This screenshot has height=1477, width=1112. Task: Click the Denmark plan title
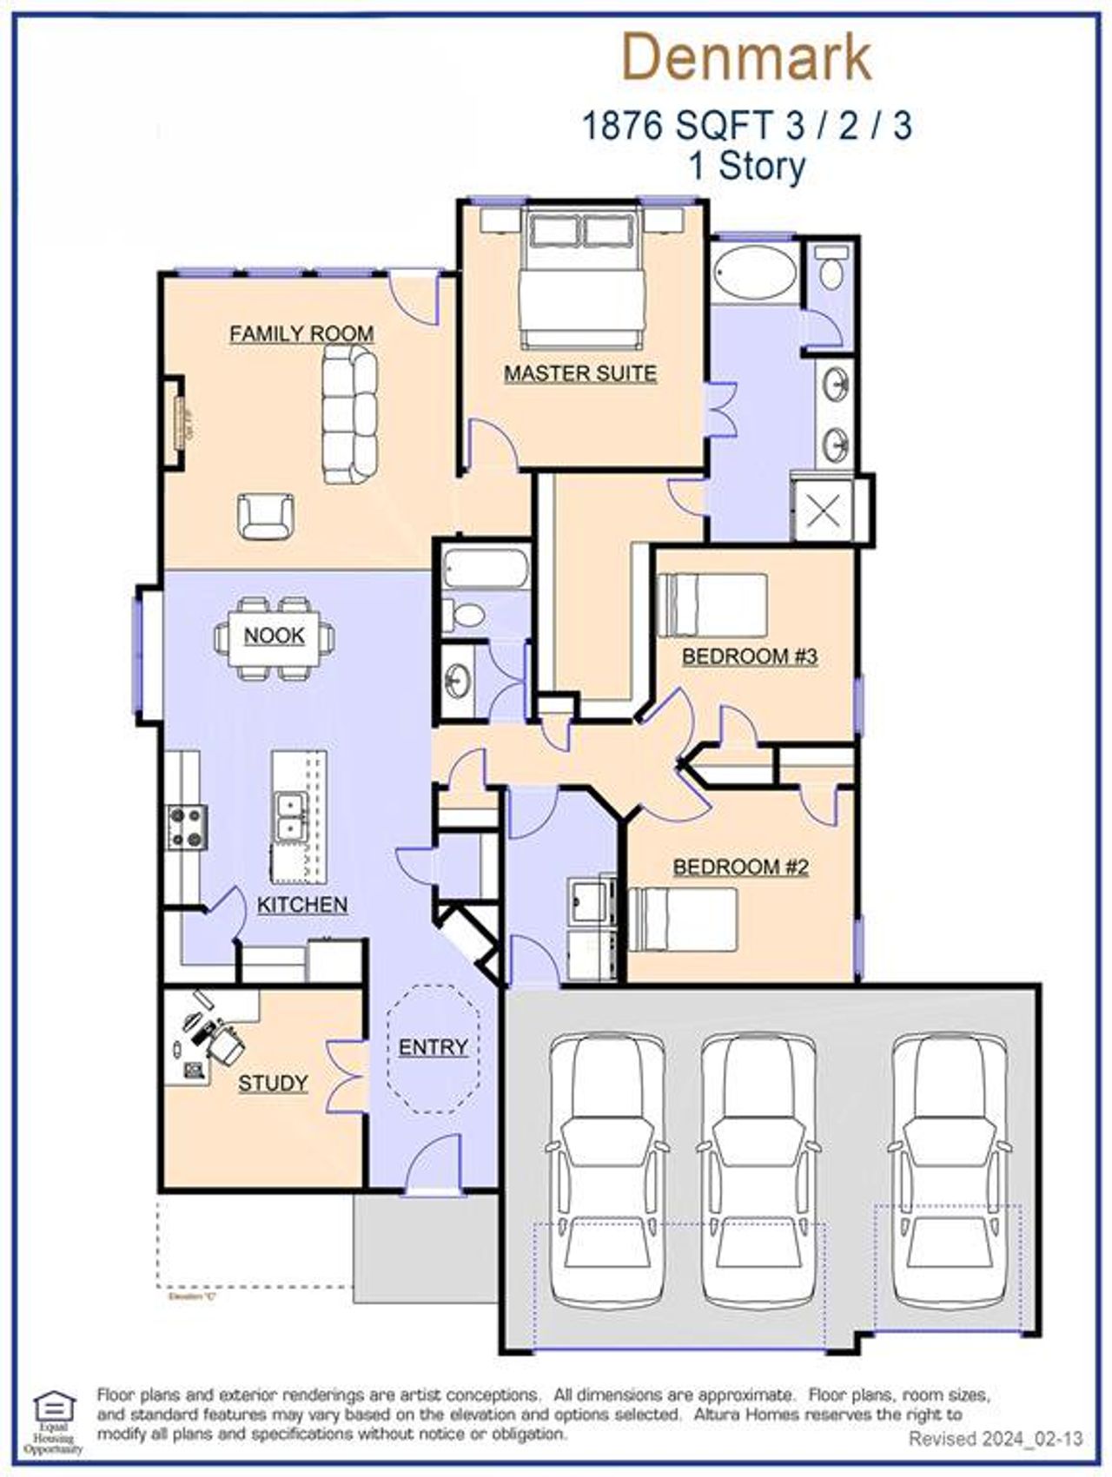tap(746, 57)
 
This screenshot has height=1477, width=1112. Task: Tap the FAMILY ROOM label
tap(301, 333)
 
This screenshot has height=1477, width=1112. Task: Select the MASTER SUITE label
tap(580, 373)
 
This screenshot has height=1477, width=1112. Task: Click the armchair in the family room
tap(266, 516)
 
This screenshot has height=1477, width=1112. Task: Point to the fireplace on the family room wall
tap(182, 423)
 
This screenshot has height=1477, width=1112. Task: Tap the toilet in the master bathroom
tap(831, 268)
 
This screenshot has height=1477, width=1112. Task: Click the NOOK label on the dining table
tap(274, 636)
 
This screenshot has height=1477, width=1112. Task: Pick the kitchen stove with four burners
tap(188, 827)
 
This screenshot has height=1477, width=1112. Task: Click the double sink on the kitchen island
tap(290, 815)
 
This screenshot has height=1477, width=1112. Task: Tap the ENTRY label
tap(433, 1047)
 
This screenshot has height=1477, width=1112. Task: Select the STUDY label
tap(273, 1083)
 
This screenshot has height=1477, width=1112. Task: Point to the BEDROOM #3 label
tap(750, 656)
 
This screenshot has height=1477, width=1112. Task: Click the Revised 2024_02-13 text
tap(996, 1439)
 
